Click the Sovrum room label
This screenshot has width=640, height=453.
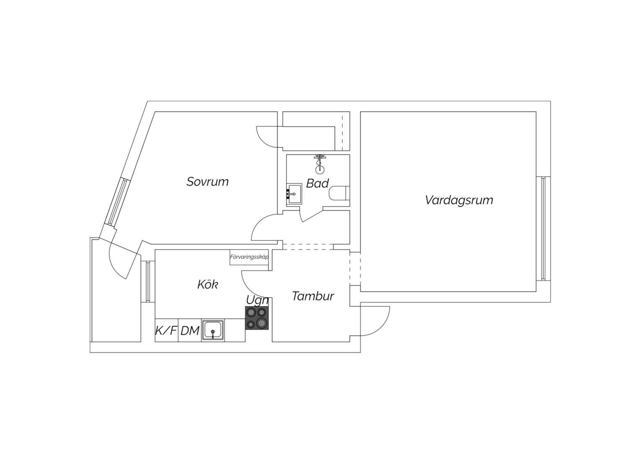pyautogui.click(x=207, y=182)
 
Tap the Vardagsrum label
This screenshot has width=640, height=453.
pyautogui.click(x=459, y=200)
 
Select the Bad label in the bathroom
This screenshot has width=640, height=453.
pyautogui.click(x=317, y=183)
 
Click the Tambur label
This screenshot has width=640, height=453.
pyautogui.click(x=313, y=296)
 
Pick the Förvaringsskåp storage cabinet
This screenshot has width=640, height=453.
pyautogui.click(x=249, y=257)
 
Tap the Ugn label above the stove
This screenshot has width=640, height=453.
pyautogui.click(x=257, y=300)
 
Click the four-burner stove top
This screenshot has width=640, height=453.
pyautogui.click(x=257, y=318)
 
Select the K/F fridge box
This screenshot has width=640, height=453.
pyautogui.click(x=166, y=330)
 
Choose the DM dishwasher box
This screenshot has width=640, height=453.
pyautogui.click(x=190, y=330)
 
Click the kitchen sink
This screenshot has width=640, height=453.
pyautogui.click(x=213, y=330)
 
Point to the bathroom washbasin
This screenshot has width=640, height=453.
pyautogui.click(x=294, y=194)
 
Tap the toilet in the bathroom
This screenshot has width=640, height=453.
pyautogui.click(x=339, y=193)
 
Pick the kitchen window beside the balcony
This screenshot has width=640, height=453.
pyautogui.click(x=148, y=281)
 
